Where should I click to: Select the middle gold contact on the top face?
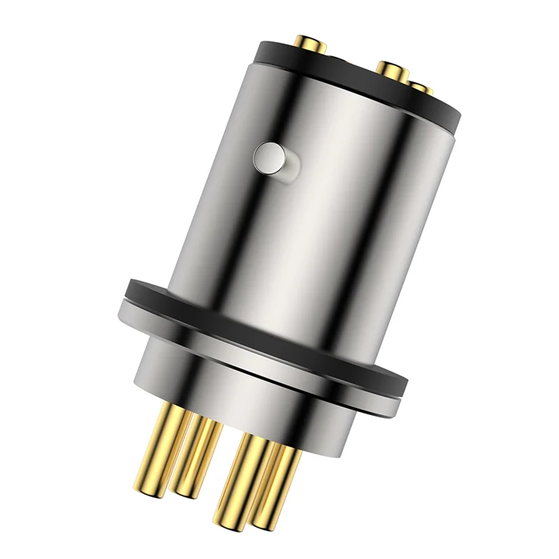[x=391, y=71]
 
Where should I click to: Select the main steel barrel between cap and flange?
[x=314, y=210]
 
